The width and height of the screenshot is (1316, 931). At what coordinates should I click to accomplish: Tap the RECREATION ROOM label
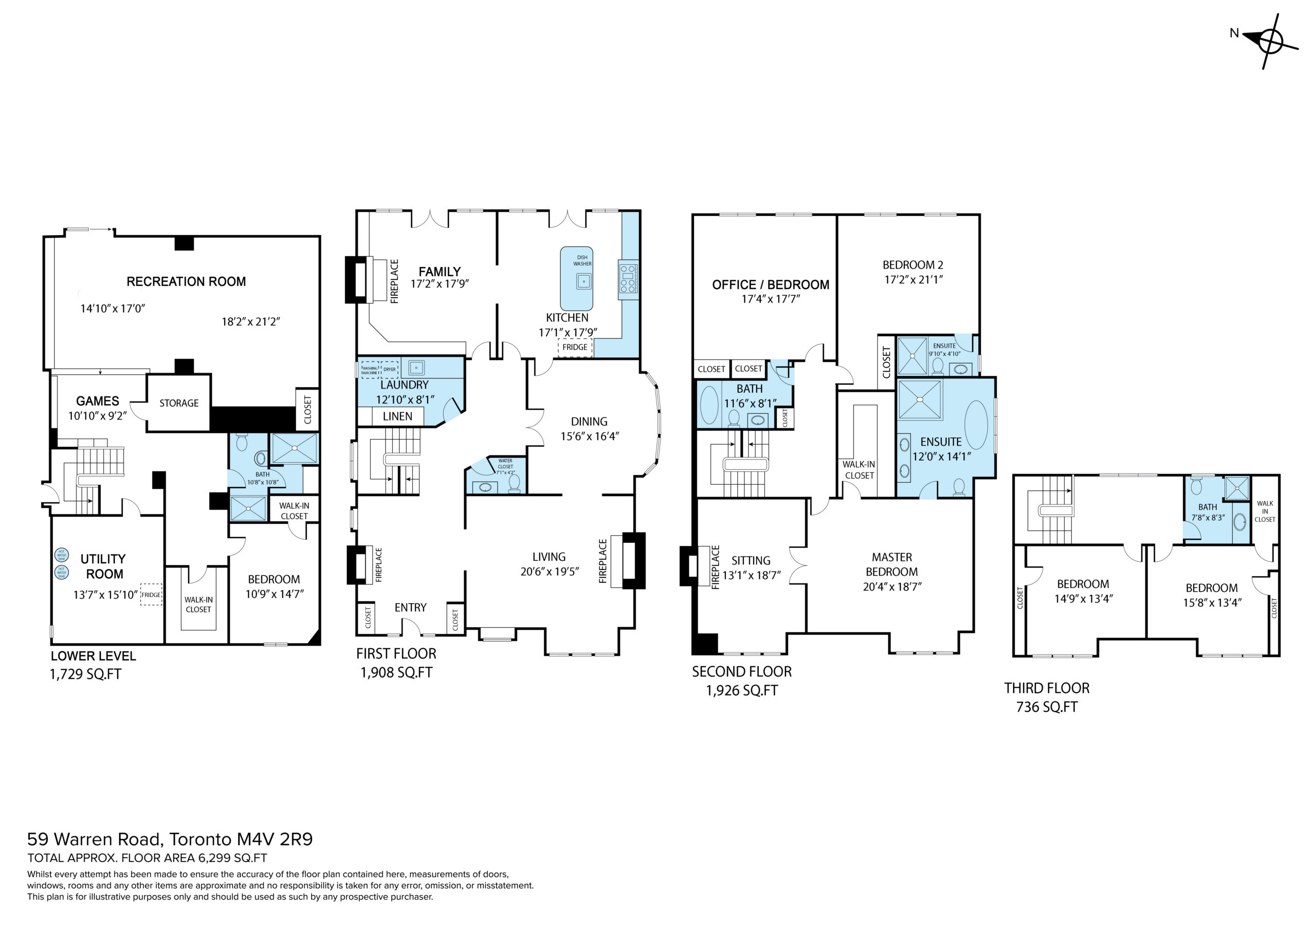point(186,282)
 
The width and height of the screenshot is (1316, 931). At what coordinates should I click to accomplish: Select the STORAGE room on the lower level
point(179,403)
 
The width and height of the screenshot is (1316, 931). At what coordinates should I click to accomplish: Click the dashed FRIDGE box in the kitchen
point(575,348)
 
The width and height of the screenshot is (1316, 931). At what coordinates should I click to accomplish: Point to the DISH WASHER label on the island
point(582,260)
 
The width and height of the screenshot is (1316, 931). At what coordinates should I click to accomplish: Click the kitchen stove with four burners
point(628,279)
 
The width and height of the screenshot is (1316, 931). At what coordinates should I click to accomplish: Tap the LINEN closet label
point(397,416)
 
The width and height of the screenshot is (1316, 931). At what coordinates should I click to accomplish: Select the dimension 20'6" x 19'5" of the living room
point(550,571)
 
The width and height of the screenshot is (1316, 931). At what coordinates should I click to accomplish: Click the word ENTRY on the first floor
point(410,607)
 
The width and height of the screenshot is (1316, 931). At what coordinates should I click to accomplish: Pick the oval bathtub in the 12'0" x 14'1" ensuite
point(976,425)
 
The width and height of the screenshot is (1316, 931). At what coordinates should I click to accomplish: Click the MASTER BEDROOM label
point(892,564)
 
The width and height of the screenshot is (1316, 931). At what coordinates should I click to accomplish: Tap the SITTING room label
point(751,561)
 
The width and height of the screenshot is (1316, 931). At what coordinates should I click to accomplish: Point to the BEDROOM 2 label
point(913,265)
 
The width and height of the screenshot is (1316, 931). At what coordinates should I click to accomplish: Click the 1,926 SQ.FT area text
point(742,691)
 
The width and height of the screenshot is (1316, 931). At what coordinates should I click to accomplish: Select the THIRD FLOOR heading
point(1047,688)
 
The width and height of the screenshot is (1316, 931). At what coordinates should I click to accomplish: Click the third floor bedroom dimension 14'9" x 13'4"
point(1083,598)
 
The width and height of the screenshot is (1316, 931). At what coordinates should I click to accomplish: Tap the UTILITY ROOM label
point(104,567)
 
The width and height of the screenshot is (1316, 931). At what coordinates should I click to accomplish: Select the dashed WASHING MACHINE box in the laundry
point(370,370)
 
